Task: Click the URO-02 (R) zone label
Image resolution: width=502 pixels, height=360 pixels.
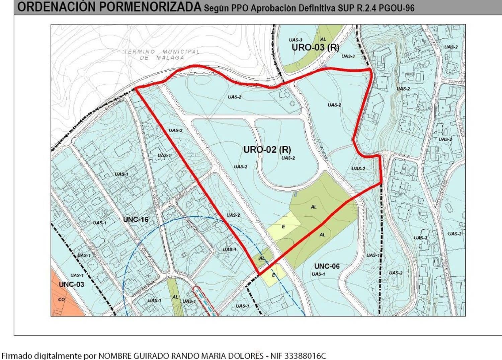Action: pos(267,149)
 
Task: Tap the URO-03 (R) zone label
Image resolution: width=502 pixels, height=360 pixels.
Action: pos(315,47)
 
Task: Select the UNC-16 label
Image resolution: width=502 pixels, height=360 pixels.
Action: pos(136,219)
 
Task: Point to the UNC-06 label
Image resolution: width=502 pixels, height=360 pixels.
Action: pos(327,266)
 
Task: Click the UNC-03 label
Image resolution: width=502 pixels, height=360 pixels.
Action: pos(71,284)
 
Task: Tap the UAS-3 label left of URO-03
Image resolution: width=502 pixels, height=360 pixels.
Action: pos(296,40)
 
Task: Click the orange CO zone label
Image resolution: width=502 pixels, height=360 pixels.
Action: pos(61,299)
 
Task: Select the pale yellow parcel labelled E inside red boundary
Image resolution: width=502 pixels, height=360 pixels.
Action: pos(283,227)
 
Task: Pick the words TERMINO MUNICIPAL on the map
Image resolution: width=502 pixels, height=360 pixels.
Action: pos(162,52)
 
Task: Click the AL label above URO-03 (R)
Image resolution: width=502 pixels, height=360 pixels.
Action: pos(323,39)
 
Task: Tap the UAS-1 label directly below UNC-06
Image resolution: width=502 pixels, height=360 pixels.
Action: pos(318,274)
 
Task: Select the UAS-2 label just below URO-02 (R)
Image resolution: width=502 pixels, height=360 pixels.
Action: pos(288,158)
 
